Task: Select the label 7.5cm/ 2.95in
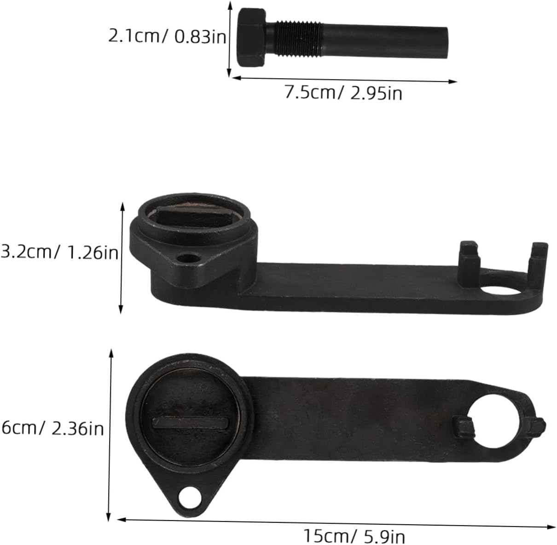343,93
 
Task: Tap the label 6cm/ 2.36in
52,429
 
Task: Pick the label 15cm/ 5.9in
354,536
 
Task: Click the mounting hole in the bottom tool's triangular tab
189,497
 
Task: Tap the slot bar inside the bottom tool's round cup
190,422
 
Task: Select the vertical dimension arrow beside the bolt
229,39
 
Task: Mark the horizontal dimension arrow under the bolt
345,80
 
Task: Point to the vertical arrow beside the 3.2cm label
122,258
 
